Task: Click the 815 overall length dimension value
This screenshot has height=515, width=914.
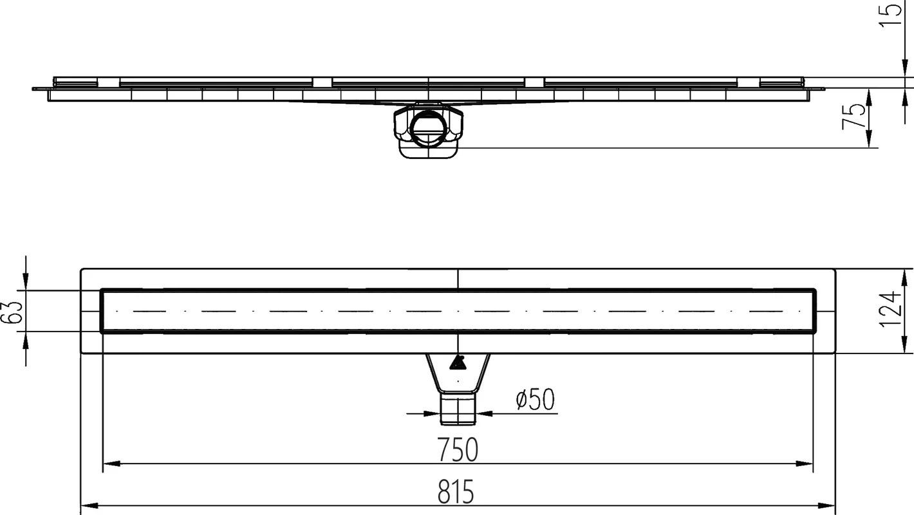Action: point(456,492)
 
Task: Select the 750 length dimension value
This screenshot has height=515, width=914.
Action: point(458,450)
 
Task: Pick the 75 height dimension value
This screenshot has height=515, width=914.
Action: point(854,117)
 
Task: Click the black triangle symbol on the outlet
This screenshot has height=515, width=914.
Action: point(457,362)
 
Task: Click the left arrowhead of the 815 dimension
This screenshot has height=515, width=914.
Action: point(89,505)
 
